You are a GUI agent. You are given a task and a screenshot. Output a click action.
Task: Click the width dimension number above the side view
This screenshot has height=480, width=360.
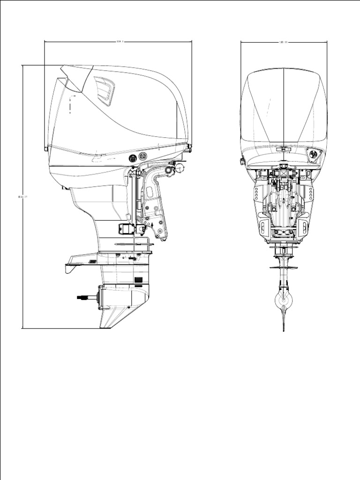coord(119,42)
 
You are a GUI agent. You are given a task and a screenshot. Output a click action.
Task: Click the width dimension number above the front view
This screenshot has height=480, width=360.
coord(283,42)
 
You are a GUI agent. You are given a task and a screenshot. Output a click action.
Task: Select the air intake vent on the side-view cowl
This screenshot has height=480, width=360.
coord(105,90)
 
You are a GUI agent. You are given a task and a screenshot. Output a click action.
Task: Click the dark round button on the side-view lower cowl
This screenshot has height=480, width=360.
coord(133,157)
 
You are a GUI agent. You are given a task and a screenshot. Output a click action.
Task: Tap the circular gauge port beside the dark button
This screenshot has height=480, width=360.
coord(143,156)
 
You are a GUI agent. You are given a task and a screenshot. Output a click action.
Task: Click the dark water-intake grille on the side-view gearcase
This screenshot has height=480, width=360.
coord(138,281)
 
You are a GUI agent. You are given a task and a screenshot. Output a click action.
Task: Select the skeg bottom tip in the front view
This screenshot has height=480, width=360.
coord(284,329)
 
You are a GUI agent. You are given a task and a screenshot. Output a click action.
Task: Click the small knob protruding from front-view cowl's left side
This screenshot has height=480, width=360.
coord(243,161)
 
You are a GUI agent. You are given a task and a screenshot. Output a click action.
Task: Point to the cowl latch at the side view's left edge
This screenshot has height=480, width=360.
coord(46,149)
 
